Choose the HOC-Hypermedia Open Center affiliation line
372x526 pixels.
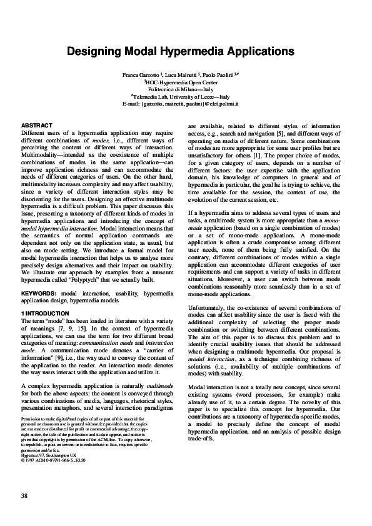click(186, 82)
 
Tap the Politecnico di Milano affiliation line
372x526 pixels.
click(186, 89)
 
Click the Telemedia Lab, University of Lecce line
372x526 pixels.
click(186, 96)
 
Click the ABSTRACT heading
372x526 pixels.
click(35, 126)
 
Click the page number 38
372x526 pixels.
click(24, 496)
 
